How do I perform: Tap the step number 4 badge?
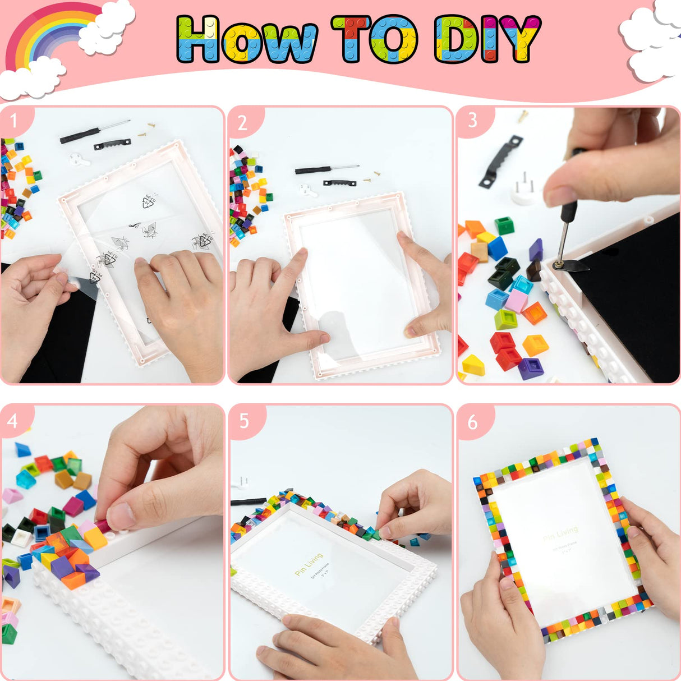(13, 420)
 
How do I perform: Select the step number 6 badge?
(472, 421)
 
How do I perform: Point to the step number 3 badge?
(472, 120)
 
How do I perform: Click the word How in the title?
(247, 39)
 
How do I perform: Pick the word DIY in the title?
(487, 39)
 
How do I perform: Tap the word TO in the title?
(374, 39)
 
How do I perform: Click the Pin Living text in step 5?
(309, 564)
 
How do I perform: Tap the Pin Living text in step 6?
(560, 533)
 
